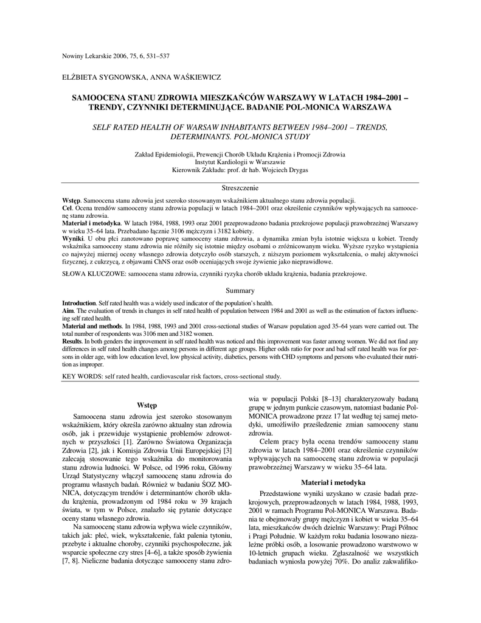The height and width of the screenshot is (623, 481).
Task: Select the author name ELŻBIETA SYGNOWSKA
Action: tap(97, 78)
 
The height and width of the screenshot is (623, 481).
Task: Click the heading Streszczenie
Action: tap(240, 189)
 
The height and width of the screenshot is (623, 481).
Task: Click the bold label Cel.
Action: tap(67, 208)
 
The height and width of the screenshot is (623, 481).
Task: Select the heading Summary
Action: tap(240, 291)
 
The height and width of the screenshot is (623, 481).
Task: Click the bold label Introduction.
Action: tap(79, 302)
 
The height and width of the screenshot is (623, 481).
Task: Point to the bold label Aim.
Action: tap(67, 310)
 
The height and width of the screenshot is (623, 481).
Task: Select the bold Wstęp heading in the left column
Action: tap(147, 405)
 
